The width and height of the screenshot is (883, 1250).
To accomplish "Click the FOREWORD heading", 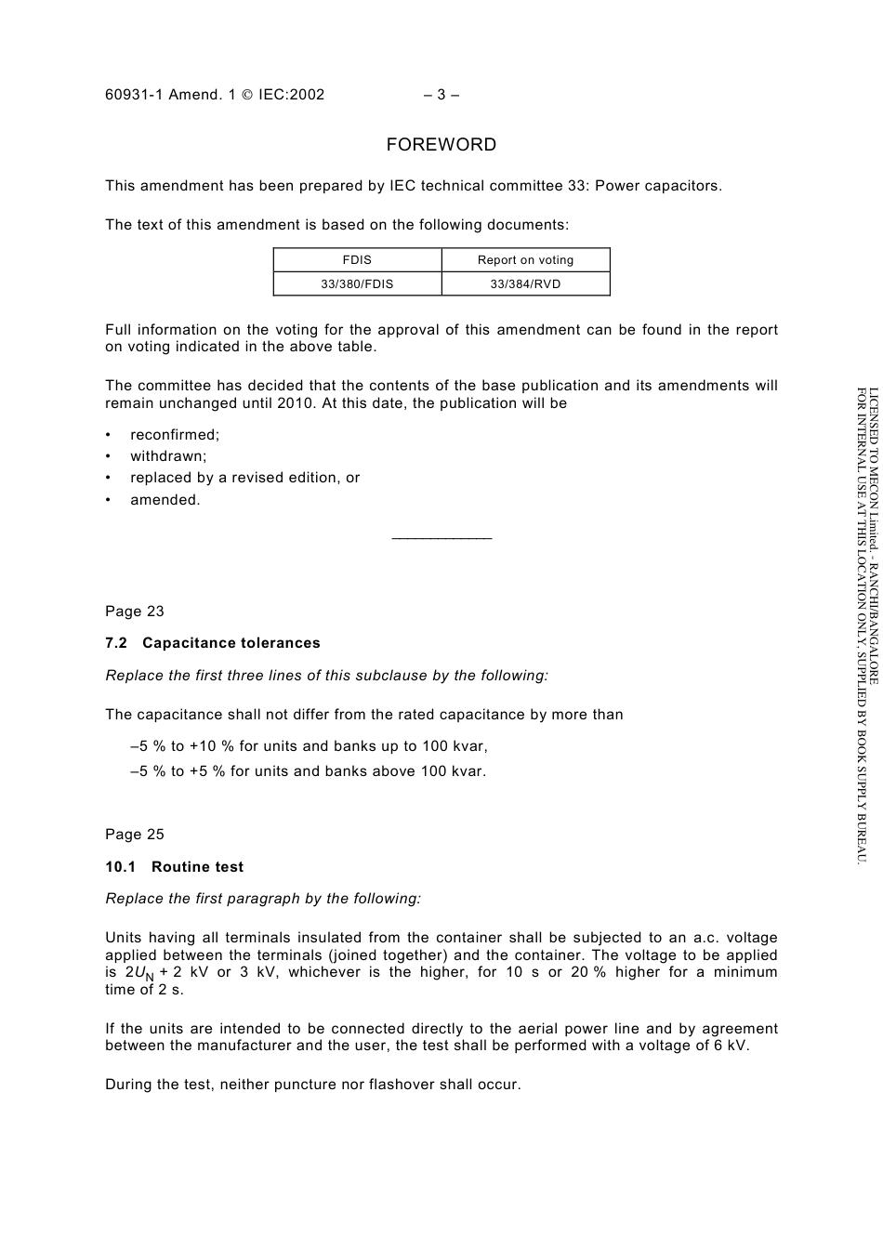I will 441,145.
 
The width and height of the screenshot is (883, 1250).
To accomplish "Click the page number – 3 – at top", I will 441,94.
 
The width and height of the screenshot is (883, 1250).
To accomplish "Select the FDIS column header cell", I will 357,260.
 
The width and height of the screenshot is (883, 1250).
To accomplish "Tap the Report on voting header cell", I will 525,260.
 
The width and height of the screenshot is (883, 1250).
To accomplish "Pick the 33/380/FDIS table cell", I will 357,284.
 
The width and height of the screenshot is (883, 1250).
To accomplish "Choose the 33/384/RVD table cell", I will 525,284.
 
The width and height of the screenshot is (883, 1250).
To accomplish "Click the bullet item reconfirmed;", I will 175,435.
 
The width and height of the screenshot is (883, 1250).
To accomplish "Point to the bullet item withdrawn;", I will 168,456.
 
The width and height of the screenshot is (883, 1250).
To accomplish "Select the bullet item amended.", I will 165,500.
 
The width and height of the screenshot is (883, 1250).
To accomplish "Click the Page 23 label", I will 135,612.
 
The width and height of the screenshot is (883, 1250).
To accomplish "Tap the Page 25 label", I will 135,835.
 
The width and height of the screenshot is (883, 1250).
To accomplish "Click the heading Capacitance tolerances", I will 231,643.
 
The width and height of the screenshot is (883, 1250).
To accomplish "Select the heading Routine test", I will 198,867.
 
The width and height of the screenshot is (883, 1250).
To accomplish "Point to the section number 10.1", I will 120,867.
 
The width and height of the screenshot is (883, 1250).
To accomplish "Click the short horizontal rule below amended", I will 441,538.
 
